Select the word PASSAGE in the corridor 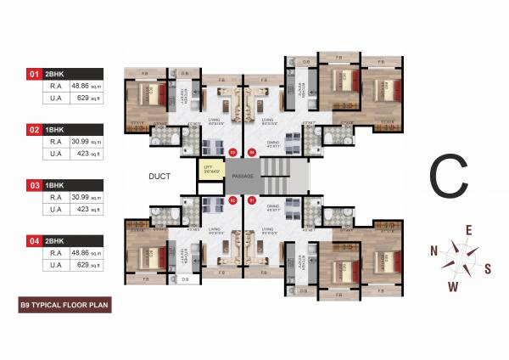[243, 176]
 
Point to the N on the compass [433, 250]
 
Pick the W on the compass [453, 286]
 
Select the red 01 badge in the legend [35, 74]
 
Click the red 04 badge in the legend [35, 240]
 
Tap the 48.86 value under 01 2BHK [81, 86]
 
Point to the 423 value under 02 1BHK [81, 154]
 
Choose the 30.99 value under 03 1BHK [81, 196]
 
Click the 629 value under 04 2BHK [81, 265]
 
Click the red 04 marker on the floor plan [251, 153]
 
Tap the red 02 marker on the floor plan [232, 200]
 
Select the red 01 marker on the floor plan [251, 200]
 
